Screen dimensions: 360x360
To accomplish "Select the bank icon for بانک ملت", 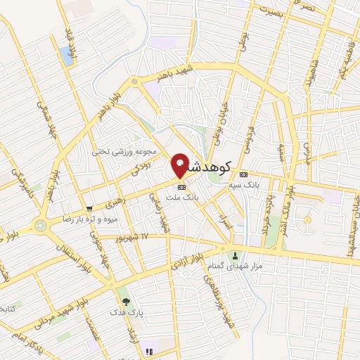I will pos(182,188).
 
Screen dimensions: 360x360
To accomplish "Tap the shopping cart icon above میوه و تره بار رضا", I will pos(89,208).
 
